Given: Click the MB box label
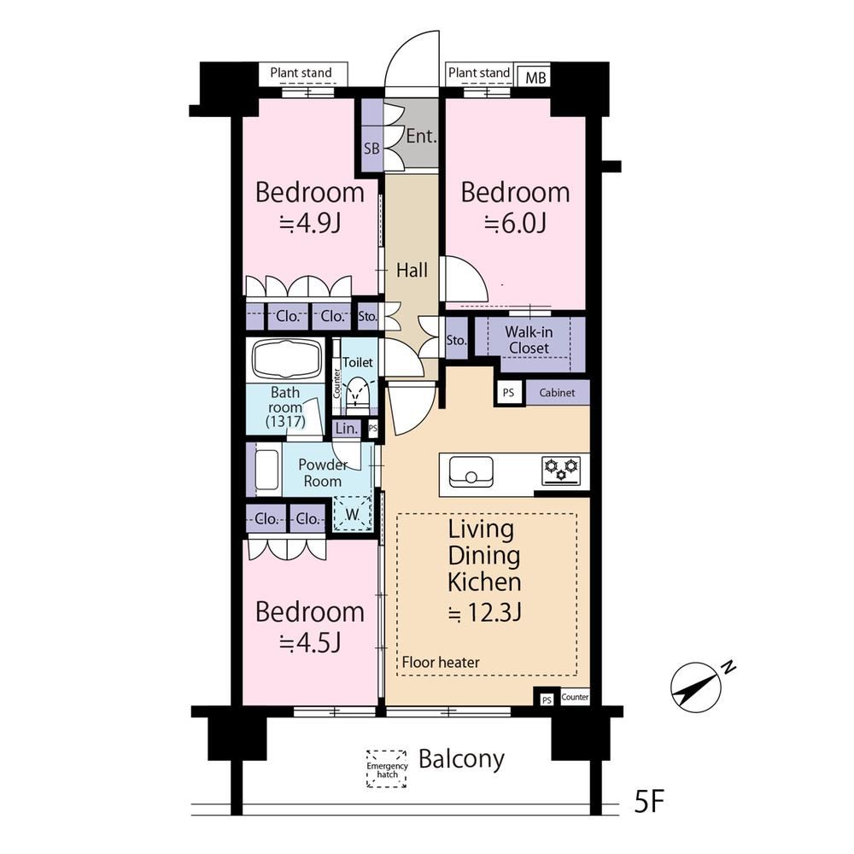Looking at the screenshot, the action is click(x=535, y=78).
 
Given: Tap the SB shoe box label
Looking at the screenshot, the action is click(x=371, y=148).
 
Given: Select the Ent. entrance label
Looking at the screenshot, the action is click(x=422, y=136).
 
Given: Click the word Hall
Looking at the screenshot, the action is click(x=412, y=270).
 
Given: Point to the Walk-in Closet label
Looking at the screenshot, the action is click(x=529, y=340).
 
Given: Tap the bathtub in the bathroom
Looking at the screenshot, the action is click(x=285, y=359).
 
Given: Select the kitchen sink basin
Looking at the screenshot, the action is click(x=471, y=471).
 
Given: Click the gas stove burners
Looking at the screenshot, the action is click(x=562, y=471).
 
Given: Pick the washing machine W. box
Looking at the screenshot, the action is click(x=353, y=513).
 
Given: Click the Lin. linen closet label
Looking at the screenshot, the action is click(x=347, y=429).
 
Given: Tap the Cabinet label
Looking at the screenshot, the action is click(x=557, y=392).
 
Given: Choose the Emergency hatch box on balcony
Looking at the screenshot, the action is click(x=387, y=769).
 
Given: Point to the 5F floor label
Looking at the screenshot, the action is click(x=649, y=801).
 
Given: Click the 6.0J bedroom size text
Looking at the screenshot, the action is click(x=516, y=223).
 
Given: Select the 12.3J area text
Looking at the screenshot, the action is click(x=485, y=613).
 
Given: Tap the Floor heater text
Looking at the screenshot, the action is click(x=441, y=663).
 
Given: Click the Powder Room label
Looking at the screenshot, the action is click(x=323, y=473).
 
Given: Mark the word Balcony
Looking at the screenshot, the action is click(x=461, y=759).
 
